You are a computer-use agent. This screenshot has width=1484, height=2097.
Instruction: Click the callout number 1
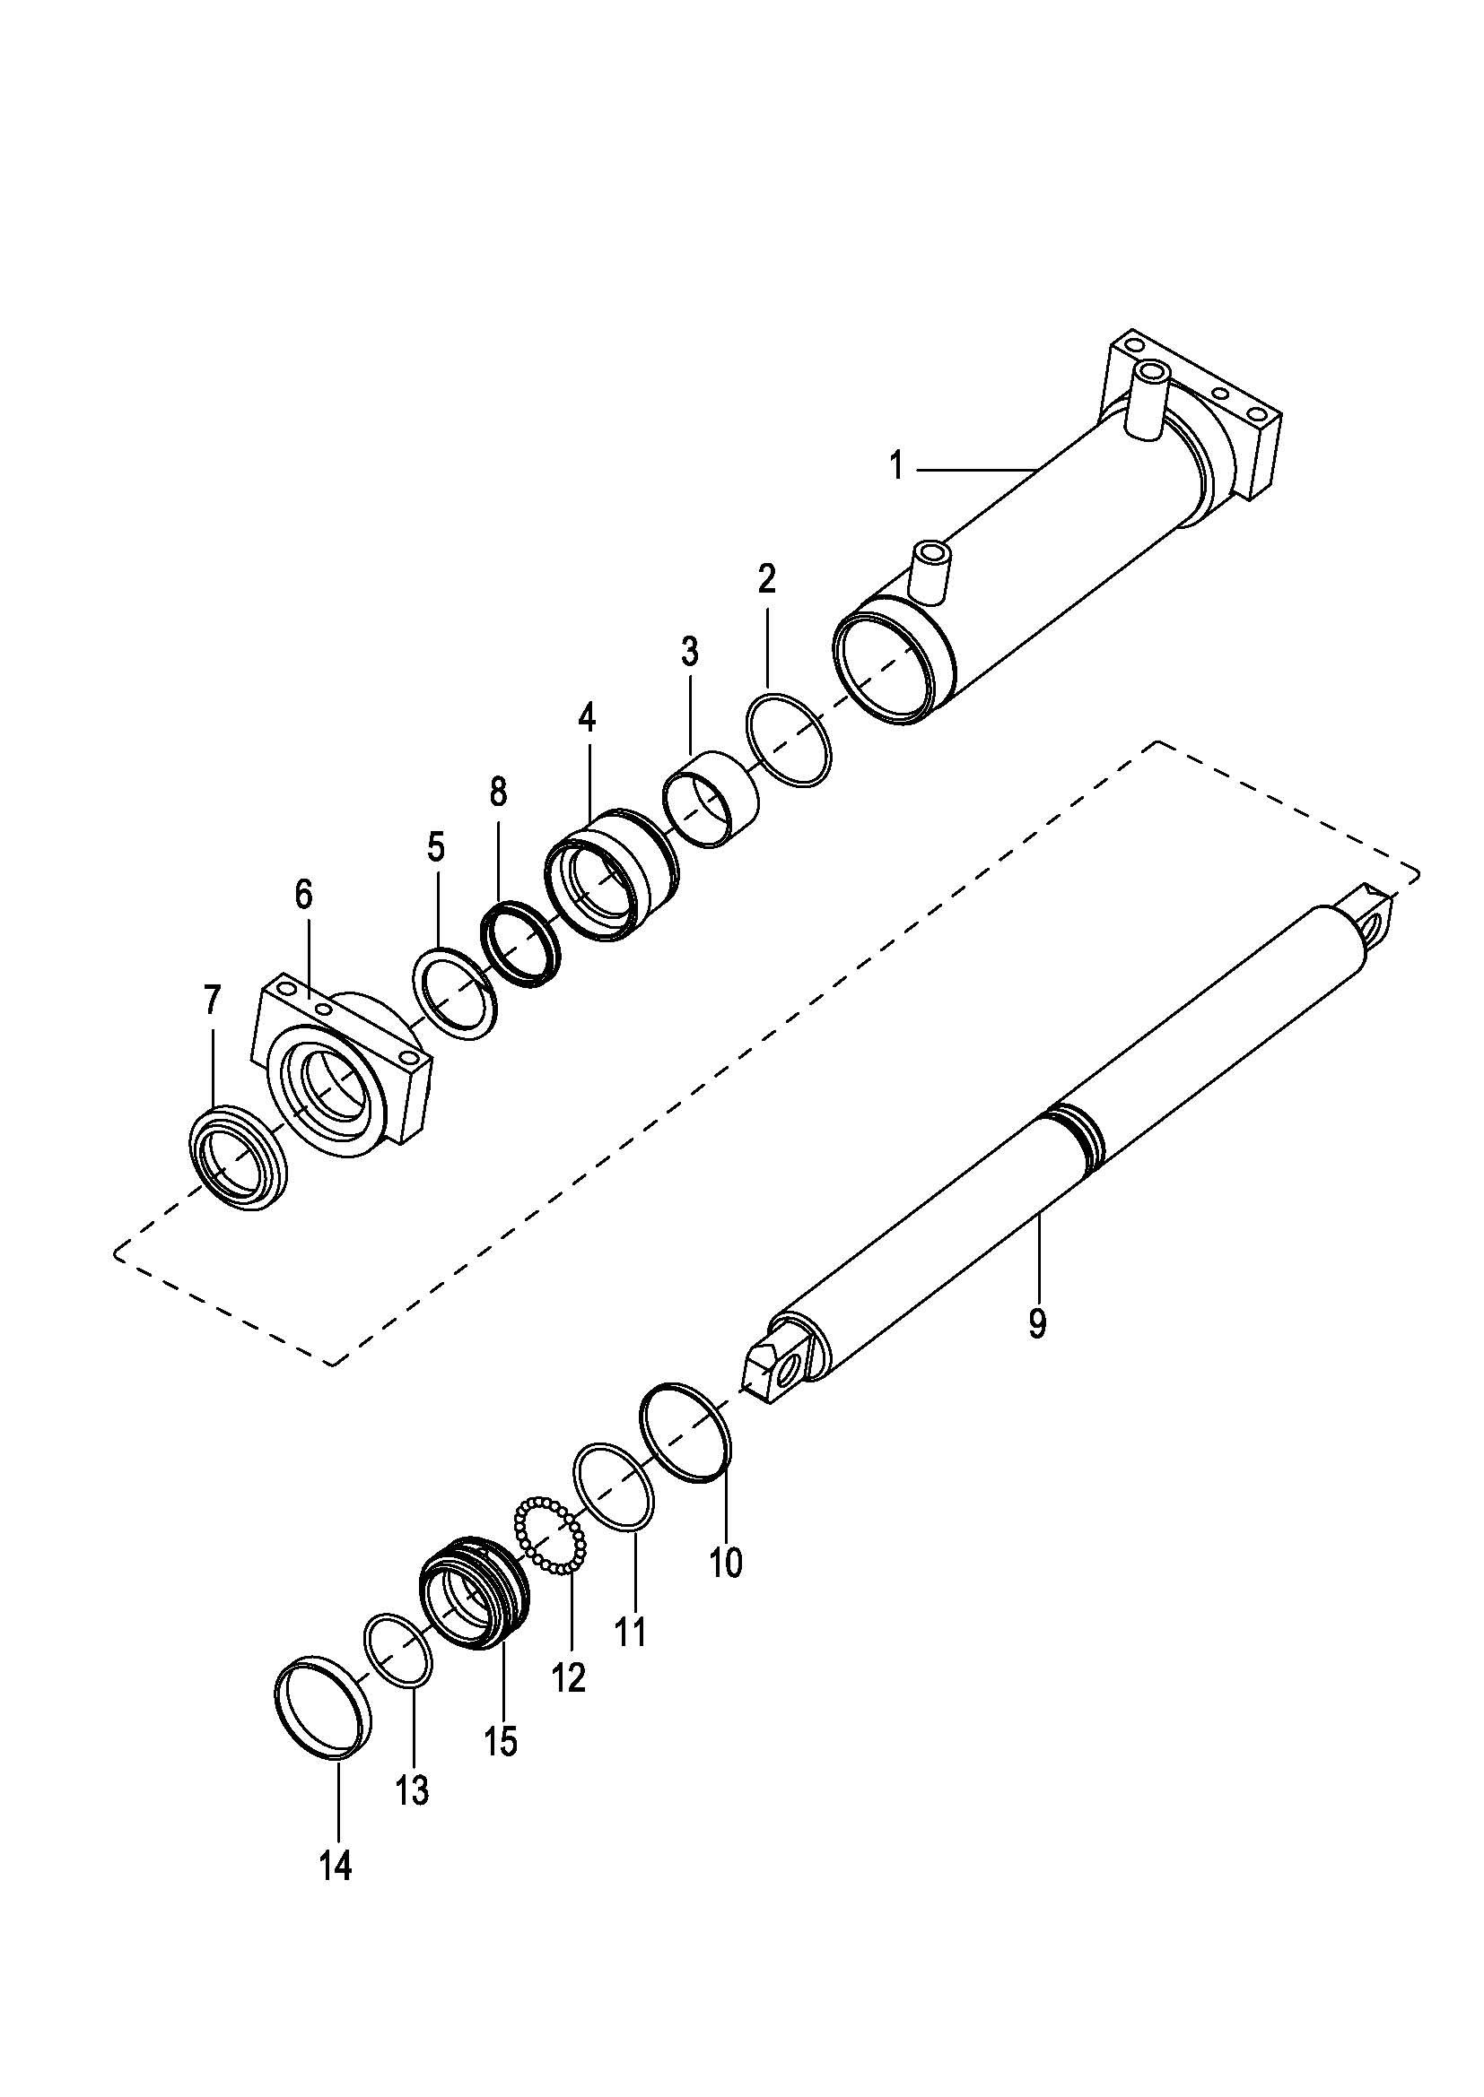pyautogui.click(x=896, y=467)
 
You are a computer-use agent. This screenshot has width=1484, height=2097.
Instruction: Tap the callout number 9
pyautogui.click(x=1036, y=1322)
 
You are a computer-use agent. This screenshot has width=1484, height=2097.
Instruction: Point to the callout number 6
pyautogui.click(x=303, y=894)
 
